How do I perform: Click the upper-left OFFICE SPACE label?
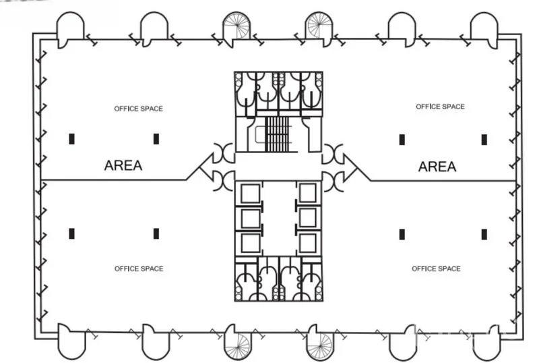[139, 109]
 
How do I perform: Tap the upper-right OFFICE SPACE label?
[440, 107]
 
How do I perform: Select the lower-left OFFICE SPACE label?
[139, 269]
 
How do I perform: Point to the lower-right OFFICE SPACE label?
[436, 269]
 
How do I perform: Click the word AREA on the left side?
[123, 166]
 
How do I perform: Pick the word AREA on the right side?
[437, 167]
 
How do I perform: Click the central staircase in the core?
[277, 134]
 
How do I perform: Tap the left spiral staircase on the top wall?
[236, 26]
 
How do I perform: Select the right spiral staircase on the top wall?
[319, 26]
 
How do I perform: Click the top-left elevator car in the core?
[251, 194]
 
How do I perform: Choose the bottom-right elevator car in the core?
[308, 243]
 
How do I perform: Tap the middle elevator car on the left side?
[251, 219]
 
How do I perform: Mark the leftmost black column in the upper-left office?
[71, 139]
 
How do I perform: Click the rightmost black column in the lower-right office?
[484, 235]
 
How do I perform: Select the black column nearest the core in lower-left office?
[156, 233]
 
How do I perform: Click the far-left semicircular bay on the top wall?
[70, 29]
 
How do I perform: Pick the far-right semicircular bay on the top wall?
[484, 29]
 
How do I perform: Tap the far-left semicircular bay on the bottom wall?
[71, 341]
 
